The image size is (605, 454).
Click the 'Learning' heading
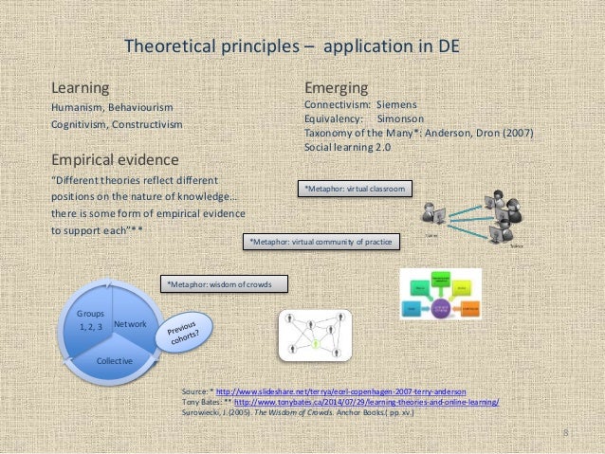point(79,88)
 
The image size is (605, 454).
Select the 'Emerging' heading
point(334,88)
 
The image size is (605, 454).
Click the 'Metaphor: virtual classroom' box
point(355,191)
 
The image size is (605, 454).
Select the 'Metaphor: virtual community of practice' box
point(321,243)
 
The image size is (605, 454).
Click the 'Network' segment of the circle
point(130,325)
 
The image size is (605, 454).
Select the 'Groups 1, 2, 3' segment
point(92,318)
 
